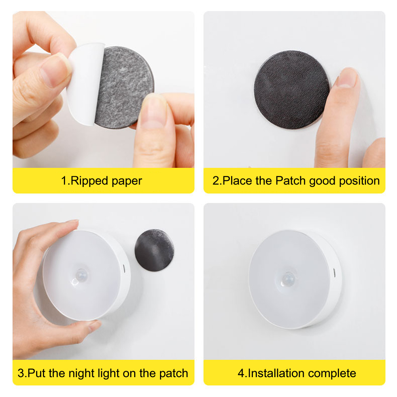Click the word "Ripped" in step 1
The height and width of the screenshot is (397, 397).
(x=89, y=181)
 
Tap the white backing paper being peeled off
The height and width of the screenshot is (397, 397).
(x=85, y=83)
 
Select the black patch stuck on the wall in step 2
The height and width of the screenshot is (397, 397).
(x=292, y=90)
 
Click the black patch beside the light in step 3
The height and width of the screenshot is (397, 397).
(x=154, y=250)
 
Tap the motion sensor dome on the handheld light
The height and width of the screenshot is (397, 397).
(x=81, y=275)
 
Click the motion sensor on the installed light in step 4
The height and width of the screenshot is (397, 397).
(x=288, y=279)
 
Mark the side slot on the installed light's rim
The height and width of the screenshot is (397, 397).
(x=334, y=272)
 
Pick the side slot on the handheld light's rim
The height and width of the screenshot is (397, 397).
(x=124, y=269)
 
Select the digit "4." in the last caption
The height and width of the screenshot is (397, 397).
(x=242, y=374)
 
